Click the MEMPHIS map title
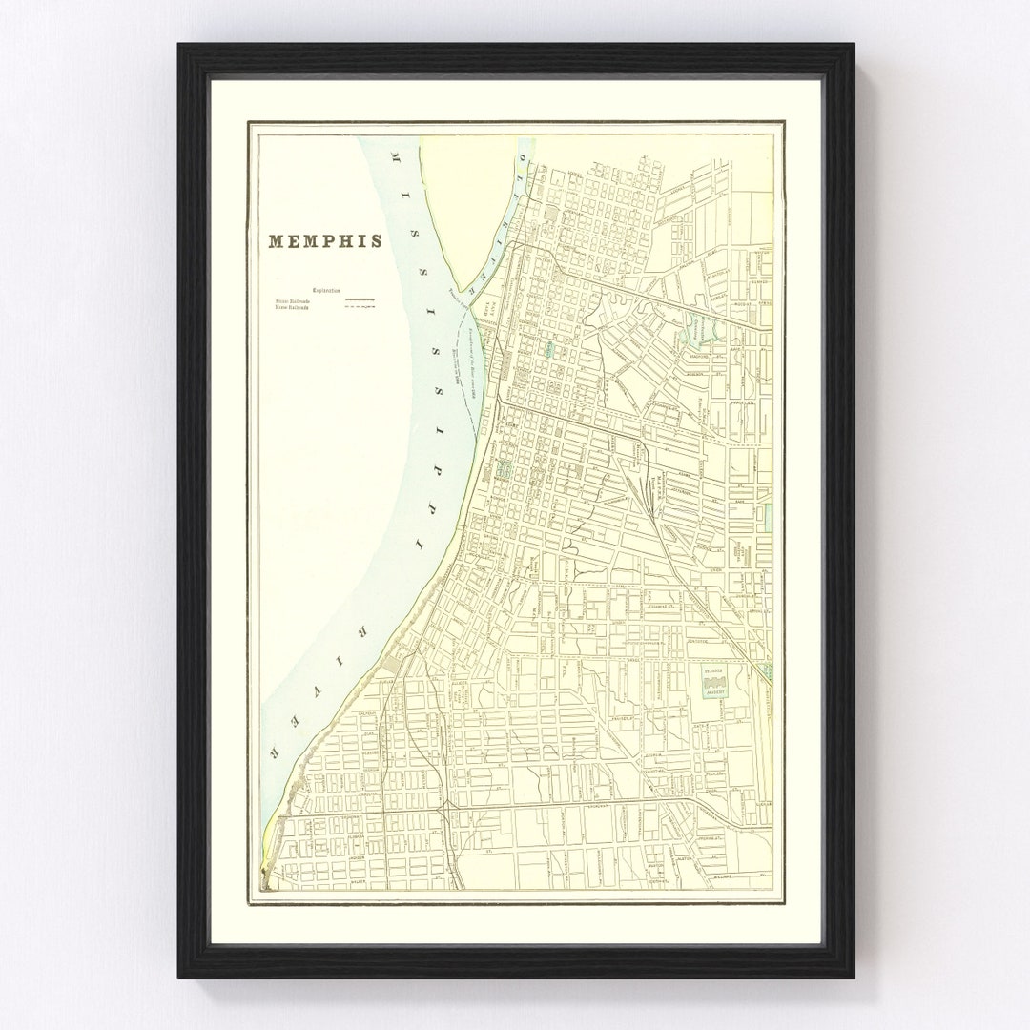point(325,240)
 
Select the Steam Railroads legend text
point(298,300)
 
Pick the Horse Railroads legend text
point(298,308)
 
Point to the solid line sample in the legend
point(359,300)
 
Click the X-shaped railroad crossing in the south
point(445,808)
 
